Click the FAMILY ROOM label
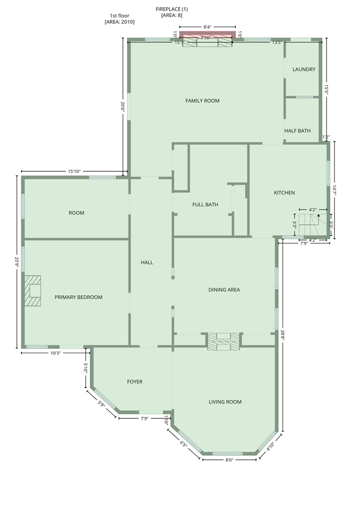tap(202, 101)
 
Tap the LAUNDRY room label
tap(304, 69)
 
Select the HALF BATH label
tap(297, 130)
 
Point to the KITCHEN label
tap(284, 192)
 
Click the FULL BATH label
tap(205, 205)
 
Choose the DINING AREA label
tap(224, 289)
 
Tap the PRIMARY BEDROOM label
tap(78, 297)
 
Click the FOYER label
tap(135, 382)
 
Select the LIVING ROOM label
tap(225, 402)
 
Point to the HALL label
tap(147, 262)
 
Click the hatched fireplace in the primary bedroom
tap(33, 291)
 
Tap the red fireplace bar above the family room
tap(208, 34)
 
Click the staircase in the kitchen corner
tap(313, 225)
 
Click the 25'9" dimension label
tap(16, 261)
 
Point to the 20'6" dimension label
tap(122, 107)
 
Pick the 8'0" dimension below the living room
tap(229, 460)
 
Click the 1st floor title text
tap(119, 15)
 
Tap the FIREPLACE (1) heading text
tap(172, 9)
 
